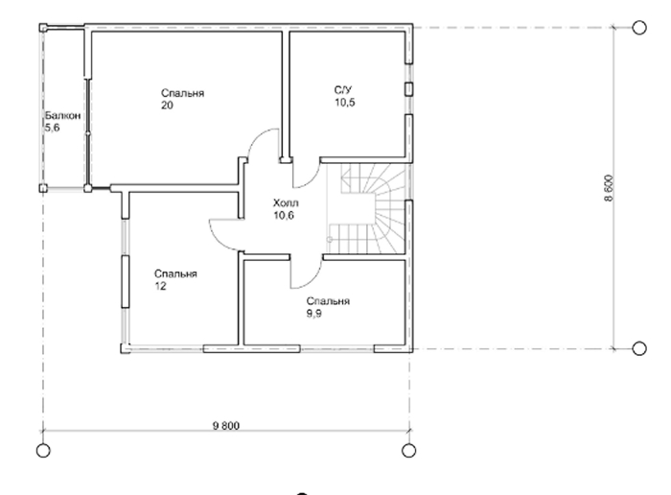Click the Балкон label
tap(63, 116)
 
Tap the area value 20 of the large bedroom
tap(168, 106)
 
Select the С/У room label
tap(343, 90)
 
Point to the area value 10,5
tap(344, 103)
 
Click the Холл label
tap(286, 203)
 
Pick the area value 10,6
tap(284, 216)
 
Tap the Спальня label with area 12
tap(175, 273)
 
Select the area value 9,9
tap(314, 314)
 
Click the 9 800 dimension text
tap(226, 426)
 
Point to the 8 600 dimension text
tap(609, 188)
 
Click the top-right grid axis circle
tap(639, 28)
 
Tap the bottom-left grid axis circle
tap(43, 451)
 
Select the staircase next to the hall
tap(366, 210)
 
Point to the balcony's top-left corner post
tap(43, 28)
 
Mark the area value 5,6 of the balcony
tap(52, 128)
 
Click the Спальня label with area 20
tap(183, 93)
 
